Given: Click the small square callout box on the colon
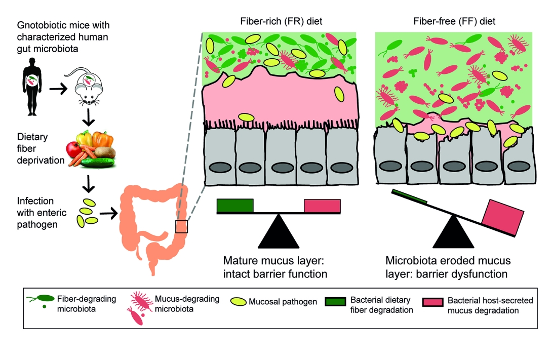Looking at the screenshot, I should [x=181, y=226].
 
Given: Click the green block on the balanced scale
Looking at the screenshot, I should [x=235, y=205].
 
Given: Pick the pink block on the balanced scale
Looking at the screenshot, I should [x=322, y=206].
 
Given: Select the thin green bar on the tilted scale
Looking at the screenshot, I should [x=409, y=197].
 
